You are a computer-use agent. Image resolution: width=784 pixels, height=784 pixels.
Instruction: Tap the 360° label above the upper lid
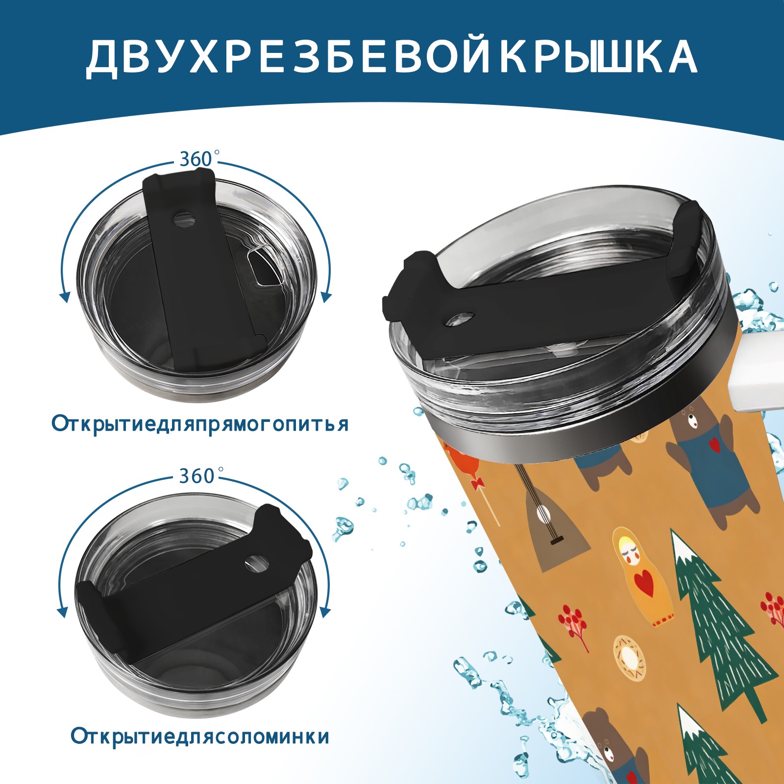pos(197,159)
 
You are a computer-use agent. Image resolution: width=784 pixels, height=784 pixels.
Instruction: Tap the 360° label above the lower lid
pos(197,475)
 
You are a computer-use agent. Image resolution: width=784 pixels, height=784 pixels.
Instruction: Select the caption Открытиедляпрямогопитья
pos(200,423)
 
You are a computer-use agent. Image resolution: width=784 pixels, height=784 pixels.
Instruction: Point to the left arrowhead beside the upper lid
pos(64,297)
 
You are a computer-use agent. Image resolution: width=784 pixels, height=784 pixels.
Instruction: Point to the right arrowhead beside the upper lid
pos(326,297)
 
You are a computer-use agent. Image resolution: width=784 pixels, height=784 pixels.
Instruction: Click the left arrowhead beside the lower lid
pos(63,612)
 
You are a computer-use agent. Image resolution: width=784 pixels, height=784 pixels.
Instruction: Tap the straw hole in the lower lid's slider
pos(256,563)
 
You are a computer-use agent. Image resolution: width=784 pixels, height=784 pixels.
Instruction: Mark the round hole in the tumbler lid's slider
pos(460,319)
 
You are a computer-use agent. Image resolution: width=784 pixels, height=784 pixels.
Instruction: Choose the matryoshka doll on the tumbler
pos(641,576)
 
